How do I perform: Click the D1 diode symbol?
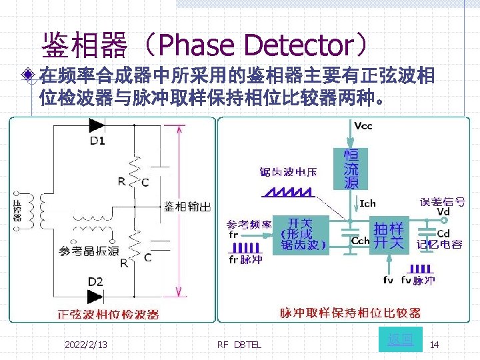click(x=97, y=125)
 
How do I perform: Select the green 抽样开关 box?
click(x=389, y=235)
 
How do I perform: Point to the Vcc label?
click(x=364, y=125)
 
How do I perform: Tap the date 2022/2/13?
click(x=86, y=344)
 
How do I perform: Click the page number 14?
click(x=434, y=345)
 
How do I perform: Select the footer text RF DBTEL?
click(x=239, y=345)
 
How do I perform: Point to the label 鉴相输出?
click(x=187, y=207)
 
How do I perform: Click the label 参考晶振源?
click(x=89, y=251)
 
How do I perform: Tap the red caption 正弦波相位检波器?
click(x=108, y=314)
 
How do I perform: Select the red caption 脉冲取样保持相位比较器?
click(x=350, y=312)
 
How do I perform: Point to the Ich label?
click(x=367, y=203)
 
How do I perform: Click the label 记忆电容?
click(x=440, y=245)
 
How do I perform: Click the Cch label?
click(x=360, y=241)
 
